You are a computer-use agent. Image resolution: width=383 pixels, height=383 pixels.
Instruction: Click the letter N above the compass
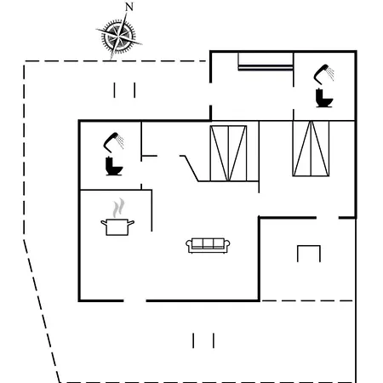tap(129, 7)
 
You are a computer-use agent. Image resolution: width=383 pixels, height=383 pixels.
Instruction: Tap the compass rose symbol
tap(118, 37)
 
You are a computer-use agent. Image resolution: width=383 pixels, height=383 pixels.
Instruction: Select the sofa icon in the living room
tap(208, 245)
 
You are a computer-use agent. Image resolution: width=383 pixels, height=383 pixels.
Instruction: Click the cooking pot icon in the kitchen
tap(117, 227)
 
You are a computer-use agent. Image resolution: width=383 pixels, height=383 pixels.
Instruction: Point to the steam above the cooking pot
tap(118, 208)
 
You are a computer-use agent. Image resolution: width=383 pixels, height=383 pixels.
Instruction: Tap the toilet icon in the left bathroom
tap(114, 166)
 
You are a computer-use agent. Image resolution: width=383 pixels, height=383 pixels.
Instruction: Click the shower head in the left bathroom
tap(113, 142)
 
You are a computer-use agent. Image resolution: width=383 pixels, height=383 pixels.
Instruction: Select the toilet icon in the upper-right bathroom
tap(324, 98)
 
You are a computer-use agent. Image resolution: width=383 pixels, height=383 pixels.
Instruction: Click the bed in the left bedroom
tap(228, 153)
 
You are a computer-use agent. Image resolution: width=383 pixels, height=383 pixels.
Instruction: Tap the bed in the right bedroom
tap(311, 149)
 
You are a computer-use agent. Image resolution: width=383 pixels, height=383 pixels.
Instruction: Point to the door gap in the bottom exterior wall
tap(135, 300)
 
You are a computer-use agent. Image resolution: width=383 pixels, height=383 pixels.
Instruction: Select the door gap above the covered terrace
tap(328, 218)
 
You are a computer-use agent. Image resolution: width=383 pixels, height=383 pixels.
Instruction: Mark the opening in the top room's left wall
tap(210, 94)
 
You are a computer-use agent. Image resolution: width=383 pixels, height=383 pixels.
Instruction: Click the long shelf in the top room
tap(266, 67)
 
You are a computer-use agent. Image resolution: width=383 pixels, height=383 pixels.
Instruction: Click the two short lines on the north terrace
tap(124, 90)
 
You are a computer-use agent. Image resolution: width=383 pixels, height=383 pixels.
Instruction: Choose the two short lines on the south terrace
tap(203, 340)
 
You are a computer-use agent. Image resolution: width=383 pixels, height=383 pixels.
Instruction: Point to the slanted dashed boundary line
tap(42, 311)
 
